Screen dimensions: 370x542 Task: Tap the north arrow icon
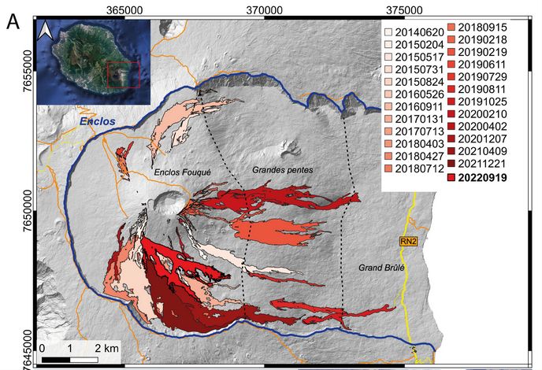coord(46,31)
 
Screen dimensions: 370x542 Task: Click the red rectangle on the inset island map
coord(123,75)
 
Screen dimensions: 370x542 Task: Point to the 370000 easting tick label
coord(265,8)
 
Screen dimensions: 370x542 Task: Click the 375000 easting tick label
coord(404,8)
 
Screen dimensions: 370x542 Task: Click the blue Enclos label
coord(97,122)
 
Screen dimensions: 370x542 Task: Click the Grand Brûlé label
coord(381,267)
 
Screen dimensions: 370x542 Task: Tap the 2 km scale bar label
coord(107,347)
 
